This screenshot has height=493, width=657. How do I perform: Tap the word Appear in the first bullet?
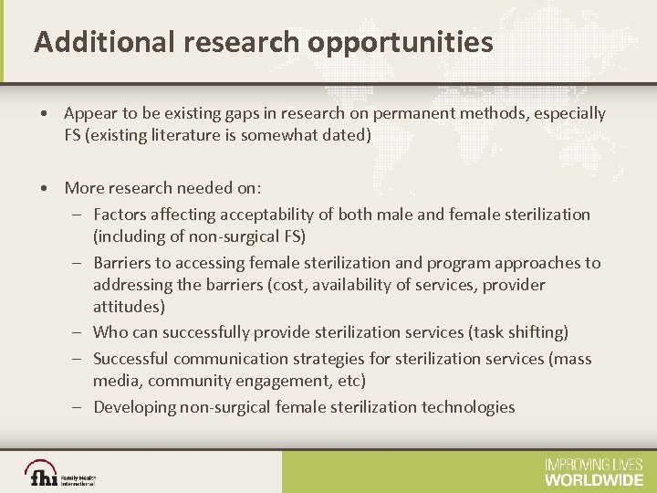tap(89, 113)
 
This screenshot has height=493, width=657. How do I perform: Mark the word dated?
tap(349, 135)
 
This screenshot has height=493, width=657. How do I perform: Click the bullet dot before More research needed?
tap(44, 188)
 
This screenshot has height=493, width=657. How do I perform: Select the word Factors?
tap(121, 215)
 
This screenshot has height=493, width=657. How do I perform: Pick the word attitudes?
tap(129, 307)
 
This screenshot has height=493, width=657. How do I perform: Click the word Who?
tap(110, 332)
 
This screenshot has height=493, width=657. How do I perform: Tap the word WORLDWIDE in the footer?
tap(593, 478)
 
